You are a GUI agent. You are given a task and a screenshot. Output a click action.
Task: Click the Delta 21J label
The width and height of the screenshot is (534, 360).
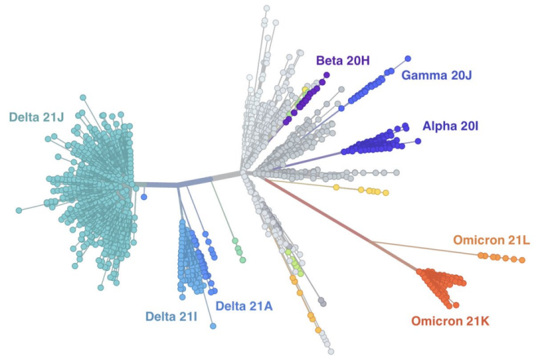pos(36,117)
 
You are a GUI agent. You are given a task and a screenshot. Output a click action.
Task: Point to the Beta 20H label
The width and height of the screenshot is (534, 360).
pos(343,61)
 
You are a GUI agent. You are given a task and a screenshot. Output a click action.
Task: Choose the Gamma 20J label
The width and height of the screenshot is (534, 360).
pos(436,75)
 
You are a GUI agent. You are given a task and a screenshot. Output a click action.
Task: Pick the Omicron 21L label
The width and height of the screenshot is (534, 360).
pos(490,240)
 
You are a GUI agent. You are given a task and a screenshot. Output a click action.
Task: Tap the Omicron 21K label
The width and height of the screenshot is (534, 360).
pos(450,322)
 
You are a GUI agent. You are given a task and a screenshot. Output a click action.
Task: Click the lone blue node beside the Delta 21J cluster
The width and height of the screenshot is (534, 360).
pos(144,197)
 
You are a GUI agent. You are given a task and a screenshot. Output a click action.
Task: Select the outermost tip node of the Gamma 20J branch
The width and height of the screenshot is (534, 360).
pos(408,59)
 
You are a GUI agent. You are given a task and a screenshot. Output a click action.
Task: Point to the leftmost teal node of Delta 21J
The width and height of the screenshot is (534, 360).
pos(18,210)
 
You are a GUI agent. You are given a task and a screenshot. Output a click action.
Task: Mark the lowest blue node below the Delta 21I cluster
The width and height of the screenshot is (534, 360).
pos(213,326)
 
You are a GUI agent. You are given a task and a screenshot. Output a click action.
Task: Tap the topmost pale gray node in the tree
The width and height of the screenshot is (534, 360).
pos(266,9)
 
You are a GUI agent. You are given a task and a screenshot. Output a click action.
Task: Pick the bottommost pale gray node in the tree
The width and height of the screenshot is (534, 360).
pos(330,351)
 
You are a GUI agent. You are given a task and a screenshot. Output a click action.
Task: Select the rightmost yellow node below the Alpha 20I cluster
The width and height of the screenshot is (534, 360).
pos(386,193)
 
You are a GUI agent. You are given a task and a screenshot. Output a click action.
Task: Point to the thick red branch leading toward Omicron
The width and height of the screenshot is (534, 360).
pos(330,218)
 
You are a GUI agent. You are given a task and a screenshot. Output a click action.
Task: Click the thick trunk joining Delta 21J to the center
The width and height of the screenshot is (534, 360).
pos(158,185)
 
